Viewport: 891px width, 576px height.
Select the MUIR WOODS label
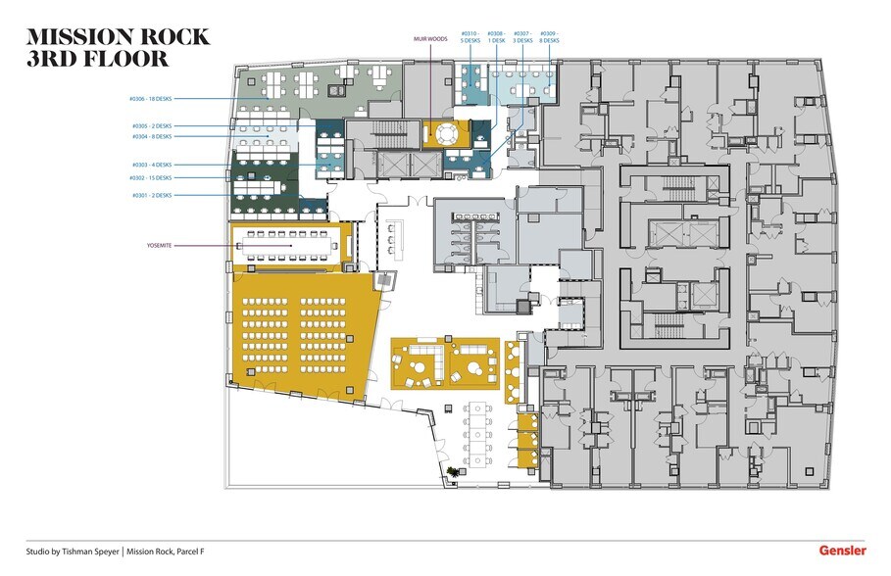(x=429, y=39)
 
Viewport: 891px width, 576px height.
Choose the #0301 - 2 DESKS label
(x=152, y=196)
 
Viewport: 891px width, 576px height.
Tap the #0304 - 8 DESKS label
(x=152, y=138)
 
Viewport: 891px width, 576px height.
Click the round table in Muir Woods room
(x=448, y=132)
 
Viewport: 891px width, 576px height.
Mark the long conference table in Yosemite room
(x=288, y=246)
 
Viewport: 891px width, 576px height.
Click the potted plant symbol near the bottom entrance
(x=453, y=473)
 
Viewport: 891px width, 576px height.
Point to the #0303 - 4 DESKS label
(x=152, y=165)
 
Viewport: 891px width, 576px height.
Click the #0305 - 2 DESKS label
(x=152, y=126)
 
